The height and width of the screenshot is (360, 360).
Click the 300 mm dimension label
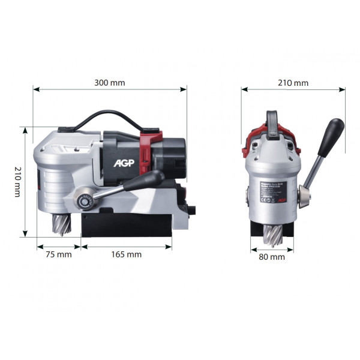(x=110, y=82)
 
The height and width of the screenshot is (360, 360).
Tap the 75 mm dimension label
(x=58, y=254)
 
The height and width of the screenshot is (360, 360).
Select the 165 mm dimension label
(x=127, y=254)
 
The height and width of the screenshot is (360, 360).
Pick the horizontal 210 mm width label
(x=293, y=82)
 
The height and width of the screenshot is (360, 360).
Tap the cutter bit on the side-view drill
(x=63, y=227)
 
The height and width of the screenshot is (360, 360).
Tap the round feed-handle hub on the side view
(x=85, y=202)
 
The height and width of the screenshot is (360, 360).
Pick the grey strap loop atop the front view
(x=272, y=122)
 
